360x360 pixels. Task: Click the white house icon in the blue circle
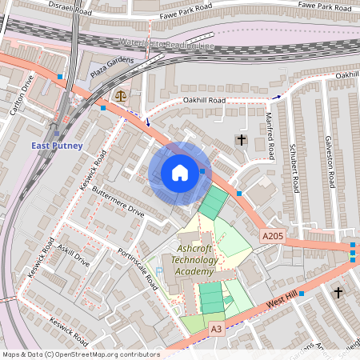180,173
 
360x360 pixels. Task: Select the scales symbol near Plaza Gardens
121,94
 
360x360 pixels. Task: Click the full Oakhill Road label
204,101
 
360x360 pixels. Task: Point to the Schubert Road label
294,169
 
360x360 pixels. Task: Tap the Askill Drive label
74,257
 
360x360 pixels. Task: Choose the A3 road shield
216,328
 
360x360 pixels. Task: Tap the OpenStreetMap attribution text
80,354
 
